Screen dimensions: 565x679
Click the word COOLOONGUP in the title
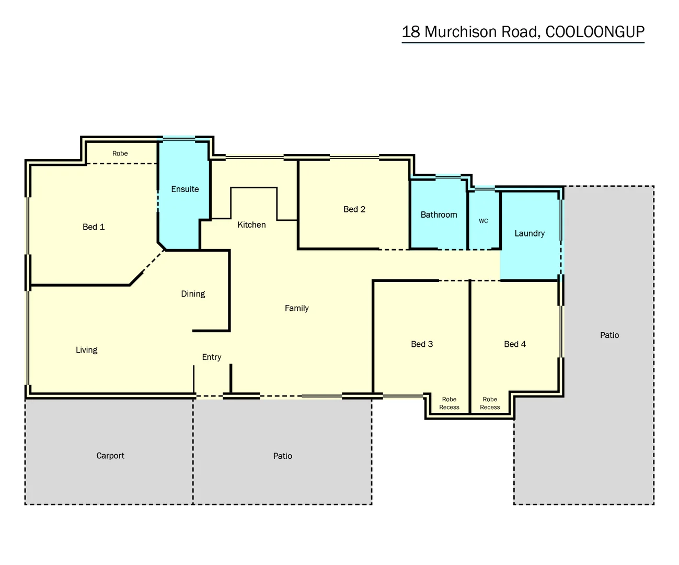tap(594, 32)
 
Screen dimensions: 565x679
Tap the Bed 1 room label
tap(94, 227)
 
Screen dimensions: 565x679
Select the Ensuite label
tap(185, 189)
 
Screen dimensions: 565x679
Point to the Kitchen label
tap(251, 225)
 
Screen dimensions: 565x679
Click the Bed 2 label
tap(354, 209)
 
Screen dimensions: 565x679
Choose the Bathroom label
tap(439, 215)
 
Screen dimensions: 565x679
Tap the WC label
tap(484, 221)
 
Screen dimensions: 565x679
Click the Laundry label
tap(530, 234)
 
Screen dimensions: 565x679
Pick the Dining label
tap(193, 294)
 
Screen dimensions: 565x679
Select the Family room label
tap(296, 309)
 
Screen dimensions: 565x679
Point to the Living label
tap(87, 350)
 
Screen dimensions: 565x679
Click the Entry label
tap(212, 357)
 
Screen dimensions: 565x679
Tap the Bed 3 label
tap(422, 344)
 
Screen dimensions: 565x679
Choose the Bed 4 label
tap(515, 344)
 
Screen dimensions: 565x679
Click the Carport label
tap(110, 456)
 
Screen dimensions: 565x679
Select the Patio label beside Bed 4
tap(609, 335)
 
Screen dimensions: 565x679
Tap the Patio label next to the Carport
tap(282, 456)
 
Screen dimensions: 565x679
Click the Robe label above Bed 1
tap(120, 154)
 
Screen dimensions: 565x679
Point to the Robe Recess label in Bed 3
tap(449, 403)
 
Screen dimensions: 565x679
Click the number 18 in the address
tap(411, 32)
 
